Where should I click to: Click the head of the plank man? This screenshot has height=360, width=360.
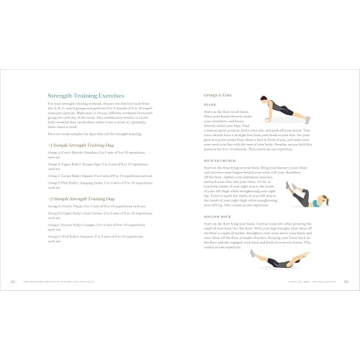[x=265, y=102]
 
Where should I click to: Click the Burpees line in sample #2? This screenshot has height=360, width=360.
[x=94, y=236]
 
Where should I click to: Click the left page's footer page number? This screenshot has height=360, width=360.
[x=13, y=280]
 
